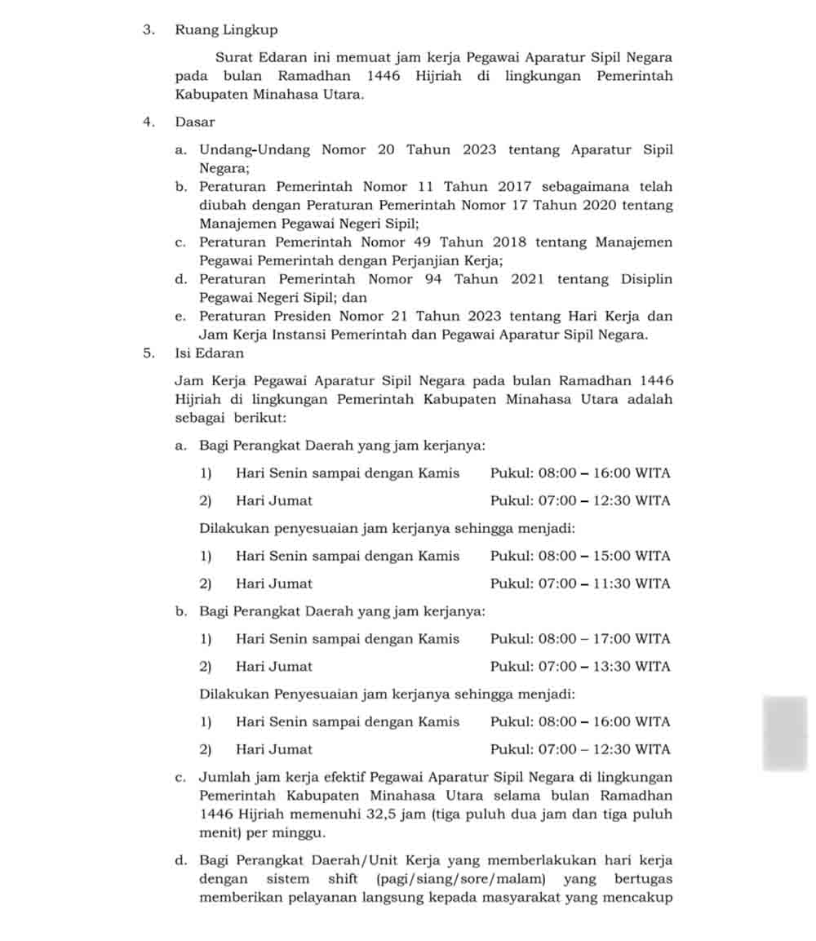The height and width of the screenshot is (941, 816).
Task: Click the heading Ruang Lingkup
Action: tap(226, 30)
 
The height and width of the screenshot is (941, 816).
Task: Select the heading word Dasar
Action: tap(195, 122)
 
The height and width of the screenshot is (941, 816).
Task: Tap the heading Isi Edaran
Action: tap(209, 353)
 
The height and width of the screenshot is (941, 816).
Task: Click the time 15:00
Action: tap(611, 557)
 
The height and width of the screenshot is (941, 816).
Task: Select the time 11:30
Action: tap(611, 584)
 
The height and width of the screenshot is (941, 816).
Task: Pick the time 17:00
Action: tap(611, 640)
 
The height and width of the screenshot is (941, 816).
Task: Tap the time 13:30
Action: tap(611, 668)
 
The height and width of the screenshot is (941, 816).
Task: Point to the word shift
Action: tap(343, 880)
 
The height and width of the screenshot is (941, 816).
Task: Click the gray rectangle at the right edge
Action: tap(785, 733)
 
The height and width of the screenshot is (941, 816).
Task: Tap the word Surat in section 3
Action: tap(233, 58)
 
